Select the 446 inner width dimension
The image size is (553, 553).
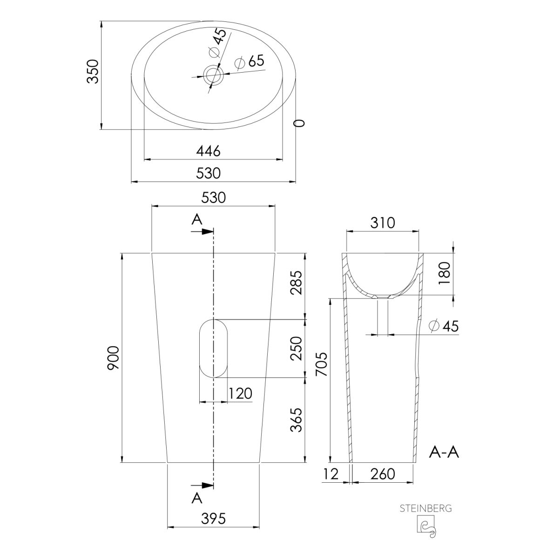(x=209, y=151)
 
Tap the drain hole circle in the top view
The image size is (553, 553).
(x=213, y=75)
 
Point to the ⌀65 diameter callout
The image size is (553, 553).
(x=250, y=61)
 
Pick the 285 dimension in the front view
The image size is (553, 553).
(x=297, y=283)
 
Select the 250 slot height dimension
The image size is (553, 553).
(x=297, y=349)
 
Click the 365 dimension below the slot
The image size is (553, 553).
(x=297, y=420)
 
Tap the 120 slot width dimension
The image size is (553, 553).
(x=241, y=394)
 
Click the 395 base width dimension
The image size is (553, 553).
(x=213, y=519)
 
